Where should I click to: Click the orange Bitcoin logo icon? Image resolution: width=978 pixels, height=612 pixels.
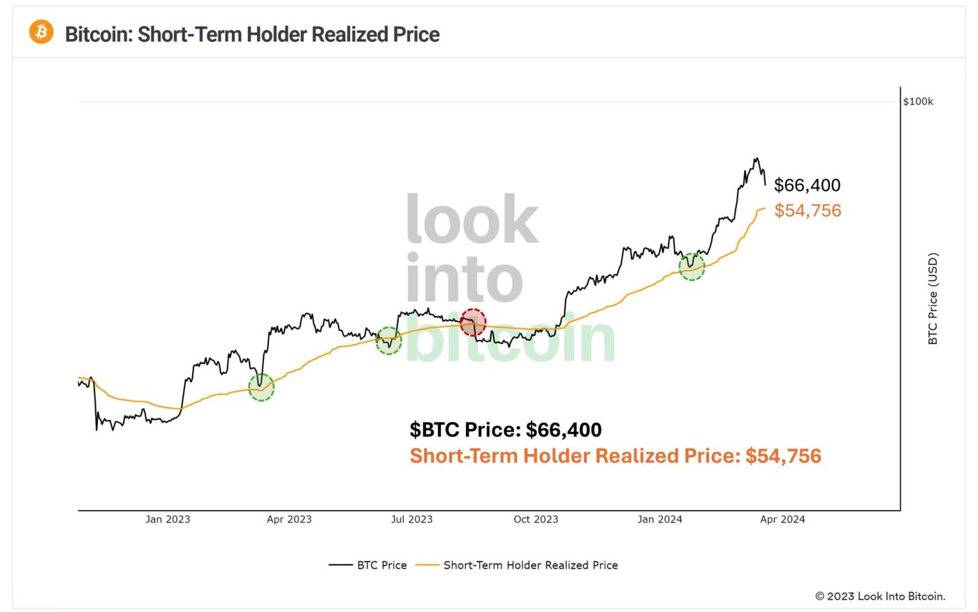[x=41, y=32]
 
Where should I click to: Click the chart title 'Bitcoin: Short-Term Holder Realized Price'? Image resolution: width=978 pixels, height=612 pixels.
[x=252, y=34]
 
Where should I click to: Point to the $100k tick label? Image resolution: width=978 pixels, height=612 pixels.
[x=918, y=101]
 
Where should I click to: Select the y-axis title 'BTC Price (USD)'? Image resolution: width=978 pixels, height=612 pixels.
[x=933, y=299]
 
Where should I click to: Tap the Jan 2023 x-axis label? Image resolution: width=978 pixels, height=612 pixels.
[x=168, y=519]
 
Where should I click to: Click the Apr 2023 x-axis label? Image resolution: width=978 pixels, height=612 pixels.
[x=289, y=519]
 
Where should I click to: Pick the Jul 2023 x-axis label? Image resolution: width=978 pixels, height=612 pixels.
[x=411, y=519]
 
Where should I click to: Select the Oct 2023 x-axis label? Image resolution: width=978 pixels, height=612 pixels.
[x=536, y=519]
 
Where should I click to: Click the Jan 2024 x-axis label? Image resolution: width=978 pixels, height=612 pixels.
[x=660, y=519]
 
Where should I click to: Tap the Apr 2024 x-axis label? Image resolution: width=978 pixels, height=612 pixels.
[x=782, y=519]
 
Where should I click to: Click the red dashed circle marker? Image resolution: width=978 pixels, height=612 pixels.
[x=473, y=322]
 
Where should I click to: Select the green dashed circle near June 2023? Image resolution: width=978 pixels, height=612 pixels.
[x=389, y=341]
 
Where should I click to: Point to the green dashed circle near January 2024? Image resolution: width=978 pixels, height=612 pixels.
[x=692, y=267]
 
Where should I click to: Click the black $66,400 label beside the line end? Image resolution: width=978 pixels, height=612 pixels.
[x=807, y=185]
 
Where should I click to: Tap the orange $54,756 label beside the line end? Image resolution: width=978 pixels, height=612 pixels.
[x=808, y=210]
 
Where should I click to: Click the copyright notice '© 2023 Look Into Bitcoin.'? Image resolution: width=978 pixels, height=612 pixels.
[x=880, y=596]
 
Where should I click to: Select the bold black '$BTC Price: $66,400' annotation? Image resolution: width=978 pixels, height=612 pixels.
[x=506, y=430]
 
